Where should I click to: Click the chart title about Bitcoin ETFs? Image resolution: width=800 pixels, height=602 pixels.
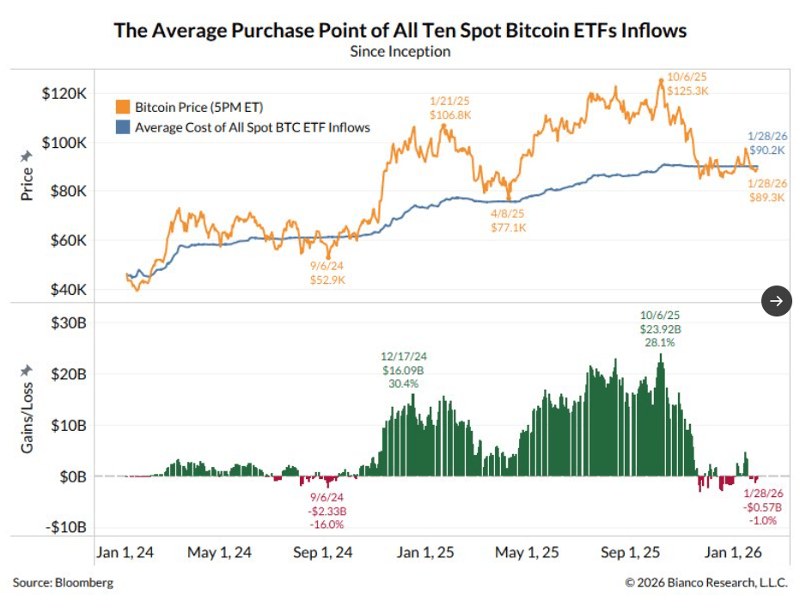400,30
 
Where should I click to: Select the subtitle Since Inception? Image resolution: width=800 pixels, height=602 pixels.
400,51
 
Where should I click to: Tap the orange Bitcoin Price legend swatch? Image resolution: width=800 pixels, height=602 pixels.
123,107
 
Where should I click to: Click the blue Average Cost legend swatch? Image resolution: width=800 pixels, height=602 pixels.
123,127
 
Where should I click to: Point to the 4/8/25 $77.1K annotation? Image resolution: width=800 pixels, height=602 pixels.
509,220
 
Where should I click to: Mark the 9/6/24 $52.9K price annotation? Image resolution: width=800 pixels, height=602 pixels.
327,272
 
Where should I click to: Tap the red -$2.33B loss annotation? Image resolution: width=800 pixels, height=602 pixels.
327,511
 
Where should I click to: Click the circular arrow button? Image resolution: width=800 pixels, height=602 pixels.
777,300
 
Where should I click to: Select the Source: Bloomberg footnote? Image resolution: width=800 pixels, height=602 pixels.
63,583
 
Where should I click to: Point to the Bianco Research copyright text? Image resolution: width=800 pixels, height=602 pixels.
705,583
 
